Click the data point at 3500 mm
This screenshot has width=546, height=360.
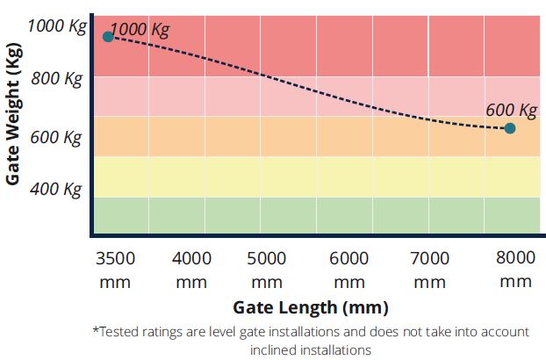tap(108, 37)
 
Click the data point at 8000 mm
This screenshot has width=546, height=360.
tap(510, 128)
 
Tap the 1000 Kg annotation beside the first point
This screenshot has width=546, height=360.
tap(140, 28)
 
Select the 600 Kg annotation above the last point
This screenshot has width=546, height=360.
tap(511, 111)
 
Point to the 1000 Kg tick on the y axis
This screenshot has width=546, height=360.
tap(57, 25)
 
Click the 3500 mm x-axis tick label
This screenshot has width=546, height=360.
tap(115, 268)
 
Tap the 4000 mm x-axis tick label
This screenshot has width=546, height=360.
tap(191, 268)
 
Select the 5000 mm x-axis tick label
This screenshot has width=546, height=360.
tap(267, 268)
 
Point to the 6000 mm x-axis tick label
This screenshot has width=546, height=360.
tap(348, 268)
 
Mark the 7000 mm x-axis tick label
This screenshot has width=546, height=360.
tap(430, 268)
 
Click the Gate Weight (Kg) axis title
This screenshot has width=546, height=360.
tap(13, 119)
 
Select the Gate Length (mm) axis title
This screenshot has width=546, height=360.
tap(310, 307)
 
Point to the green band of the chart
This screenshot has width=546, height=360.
tap(316, 215)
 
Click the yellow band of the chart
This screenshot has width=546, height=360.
tap(316, 176)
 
